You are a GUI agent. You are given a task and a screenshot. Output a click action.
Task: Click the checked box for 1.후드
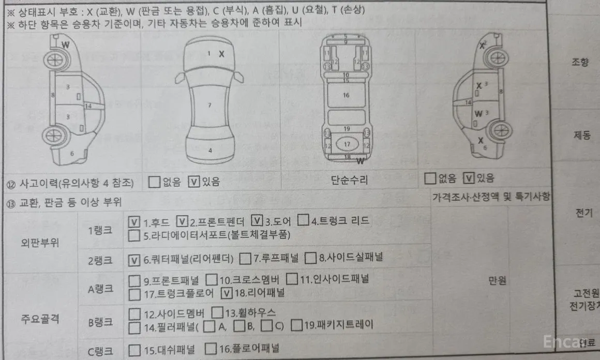pyautogui.click(x=134, y=222)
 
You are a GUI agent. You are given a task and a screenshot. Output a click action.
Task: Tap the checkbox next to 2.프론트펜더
pyautogui.click(x=182, y=222)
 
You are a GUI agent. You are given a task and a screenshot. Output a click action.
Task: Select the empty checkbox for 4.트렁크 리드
pyautogui.click(x=304, y=221)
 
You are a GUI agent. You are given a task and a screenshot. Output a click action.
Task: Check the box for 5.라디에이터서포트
pyautogui.click(x=134, y=235)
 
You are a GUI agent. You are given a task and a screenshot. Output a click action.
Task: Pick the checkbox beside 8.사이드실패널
pyautogui.click(x=310, y=257)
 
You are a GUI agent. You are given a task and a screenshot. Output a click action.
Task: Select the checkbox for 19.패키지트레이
pyautogui.click(x=296, y=325)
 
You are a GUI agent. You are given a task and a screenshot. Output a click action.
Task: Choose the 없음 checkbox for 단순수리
pyautogui.click(x=429, y=178)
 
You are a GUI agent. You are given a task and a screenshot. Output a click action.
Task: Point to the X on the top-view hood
pyautogui.click(x=221, y=54)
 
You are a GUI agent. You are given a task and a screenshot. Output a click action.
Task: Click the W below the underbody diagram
pyautogui.click(x=359, y=160)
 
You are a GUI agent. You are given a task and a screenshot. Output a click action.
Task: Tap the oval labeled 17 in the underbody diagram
pyautogui.click(x=347, y=144)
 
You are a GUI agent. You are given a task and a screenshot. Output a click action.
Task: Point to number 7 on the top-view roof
pyautogui.click(x=209, y=105)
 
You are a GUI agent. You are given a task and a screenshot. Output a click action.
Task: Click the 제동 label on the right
pyautogui.click(x=582, y=136)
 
